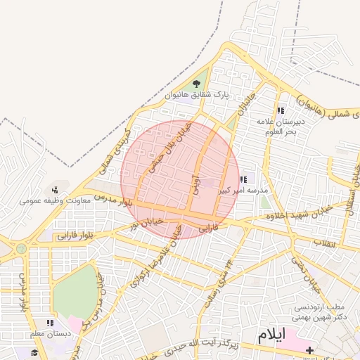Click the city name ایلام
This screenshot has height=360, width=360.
272,335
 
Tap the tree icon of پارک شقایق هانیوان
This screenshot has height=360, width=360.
196,84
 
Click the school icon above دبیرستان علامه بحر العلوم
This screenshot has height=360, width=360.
281,110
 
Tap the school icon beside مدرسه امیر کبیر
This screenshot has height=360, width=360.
243,180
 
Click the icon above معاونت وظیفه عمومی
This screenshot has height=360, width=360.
55,190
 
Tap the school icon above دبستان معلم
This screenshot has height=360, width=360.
49,323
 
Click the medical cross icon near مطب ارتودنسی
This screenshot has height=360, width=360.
310,349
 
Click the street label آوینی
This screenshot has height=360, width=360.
195,184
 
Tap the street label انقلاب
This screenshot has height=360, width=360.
323,244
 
